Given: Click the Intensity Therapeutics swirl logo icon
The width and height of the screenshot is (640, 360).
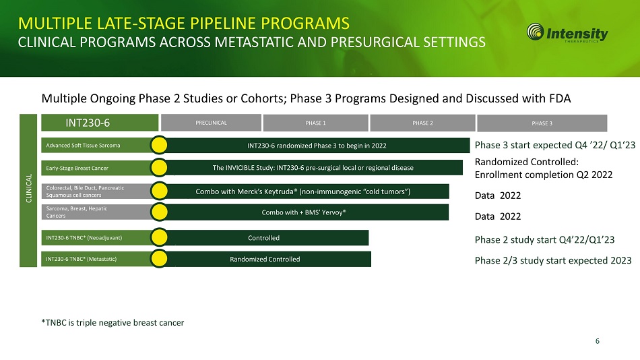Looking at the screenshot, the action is [x=535, y=32].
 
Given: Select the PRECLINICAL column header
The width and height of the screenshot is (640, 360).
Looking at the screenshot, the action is [x=211, y=123].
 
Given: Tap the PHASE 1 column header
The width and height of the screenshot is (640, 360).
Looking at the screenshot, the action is [x=315, y=123].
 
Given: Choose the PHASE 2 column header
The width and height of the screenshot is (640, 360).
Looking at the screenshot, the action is [x=422, y=123].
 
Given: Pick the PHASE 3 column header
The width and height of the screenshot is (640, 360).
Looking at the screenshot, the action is [x=542, y=123].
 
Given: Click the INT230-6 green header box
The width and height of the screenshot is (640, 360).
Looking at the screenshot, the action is [x=100, y=123].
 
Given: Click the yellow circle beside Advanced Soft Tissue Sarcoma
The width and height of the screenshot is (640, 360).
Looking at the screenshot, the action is [x=159, y=145].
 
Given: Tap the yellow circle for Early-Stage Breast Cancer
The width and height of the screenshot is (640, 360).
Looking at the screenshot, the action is [x=159, y=168].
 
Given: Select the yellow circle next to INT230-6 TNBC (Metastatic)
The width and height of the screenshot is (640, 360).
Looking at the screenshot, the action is [x=159, y=259].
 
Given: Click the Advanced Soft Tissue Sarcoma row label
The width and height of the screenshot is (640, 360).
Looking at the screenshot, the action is [x=84, y=146].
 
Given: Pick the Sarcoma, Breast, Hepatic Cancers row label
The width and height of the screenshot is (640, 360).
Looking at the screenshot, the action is [x=77, y=212].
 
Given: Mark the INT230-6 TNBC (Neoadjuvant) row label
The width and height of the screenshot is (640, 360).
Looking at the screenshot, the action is [x=84, y=238].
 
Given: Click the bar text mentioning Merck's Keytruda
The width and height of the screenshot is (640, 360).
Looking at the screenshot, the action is [x=303, y=191].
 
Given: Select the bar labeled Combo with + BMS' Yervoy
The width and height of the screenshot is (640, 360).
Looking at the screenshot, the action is [x=304, y=212].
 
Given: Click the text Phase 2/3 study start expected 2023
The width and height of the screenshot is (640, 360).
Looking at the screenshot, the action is [x=553, y=261].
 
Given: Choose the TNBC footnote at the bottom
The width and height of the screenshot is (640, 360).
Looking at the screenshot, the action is [x=113, y=323].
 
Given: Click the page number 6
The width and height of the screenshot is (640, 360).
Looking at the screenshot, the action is [x=597, y=341].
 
